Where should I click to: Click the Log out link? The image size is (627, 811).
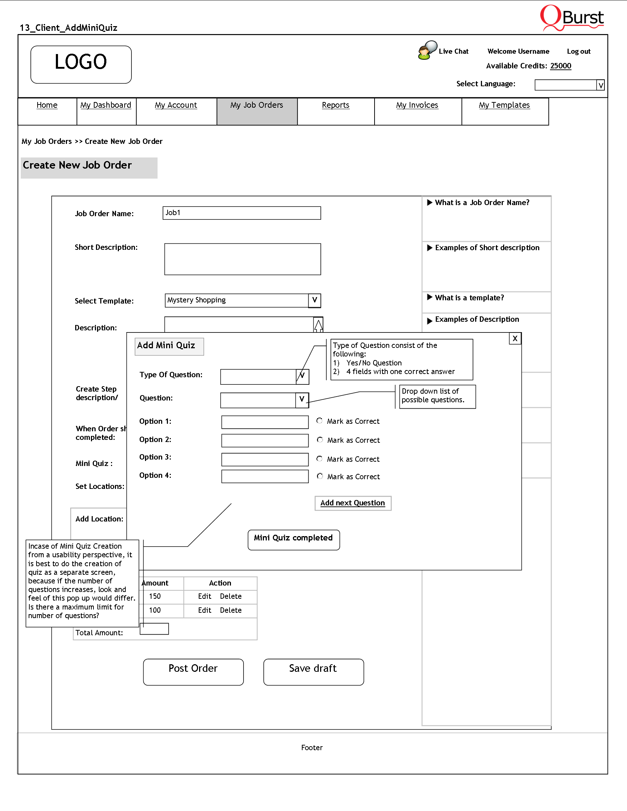(578, 52)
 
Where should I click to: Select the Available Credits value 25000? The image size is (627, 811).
(560, 66)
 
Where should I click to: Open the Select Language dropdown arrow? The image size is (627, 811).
(600, 86)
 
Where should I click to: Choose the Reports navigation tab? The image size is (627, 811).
(336, 106)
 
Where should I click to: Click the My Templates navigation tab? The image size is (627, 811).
(504, 106)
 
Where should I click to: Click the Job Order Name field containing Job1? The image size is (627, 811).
(241, 213)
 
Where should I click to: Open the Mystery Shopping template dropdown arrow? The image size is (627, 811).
(314, 300)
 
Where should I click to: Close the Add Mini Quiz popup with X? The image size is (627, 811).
(515, 339)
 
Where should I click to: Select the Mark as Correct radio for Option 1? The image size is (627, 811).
(319, 421)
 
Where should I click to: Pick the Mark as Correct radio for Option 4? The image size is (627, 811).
(320, 476)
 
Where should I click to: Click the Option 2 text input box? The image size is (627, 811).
(265, 441)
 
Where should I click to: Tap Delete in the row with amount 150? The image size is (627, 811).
(231, 596)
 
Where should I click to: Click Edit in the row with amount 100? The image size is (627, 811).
(204, 611)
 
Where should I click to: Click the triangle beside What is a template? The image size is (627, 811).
(430, 297)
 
